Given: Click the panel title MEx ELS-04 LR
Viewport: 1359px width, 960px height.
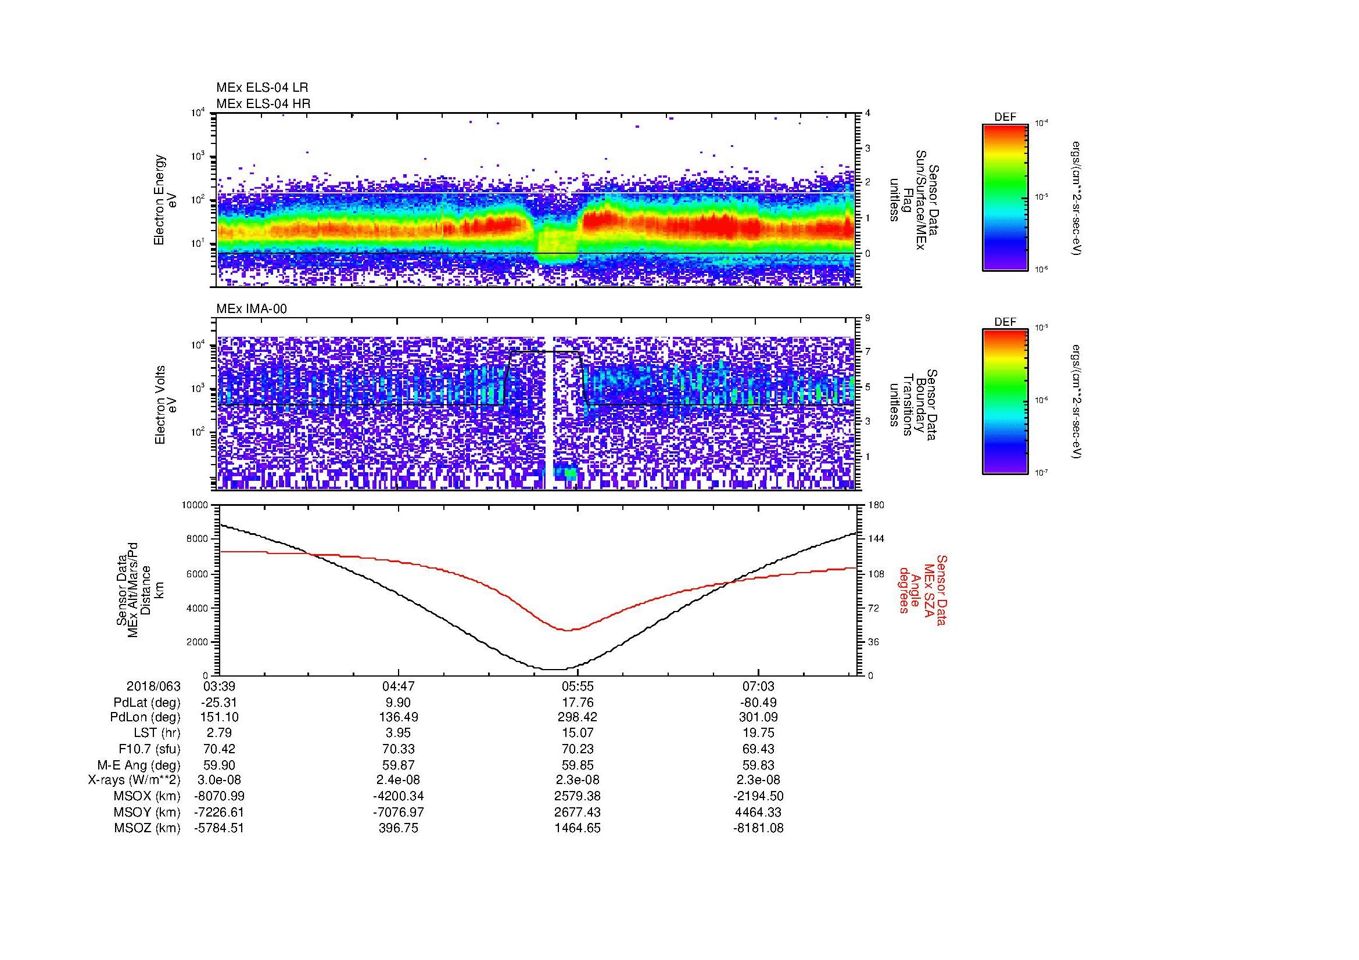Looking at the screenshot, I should [261, 88].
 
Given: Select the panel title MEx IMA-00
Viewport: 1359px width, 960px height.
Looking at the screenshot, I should [251, 309].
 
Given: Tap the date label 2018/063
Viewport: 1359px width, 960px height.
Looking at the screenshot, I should [153, 686].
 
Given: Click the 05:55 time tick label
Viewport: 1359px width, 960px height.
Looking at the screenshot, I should [578, 686].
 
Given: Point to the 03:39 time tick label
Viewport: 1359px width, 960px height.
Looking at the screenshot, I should [219, 686].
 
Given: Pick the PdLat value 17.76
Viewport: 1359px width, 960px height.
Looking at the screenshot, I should [578, 703].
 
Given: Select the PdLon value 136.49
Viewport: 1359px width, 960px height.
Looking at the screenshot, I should [399, 717].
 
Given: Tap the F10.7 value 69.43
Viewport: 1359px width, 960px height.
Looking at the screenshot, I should [758, 749].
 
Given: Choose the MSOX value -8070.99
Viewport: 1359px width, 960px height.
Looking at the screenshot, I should [219, 796].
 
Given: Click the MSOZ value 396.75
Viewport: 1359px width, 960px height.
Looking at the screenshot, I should [399, 828].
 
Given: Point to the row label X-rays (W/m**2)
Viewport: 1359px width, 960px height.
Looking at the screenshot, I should [134, 780].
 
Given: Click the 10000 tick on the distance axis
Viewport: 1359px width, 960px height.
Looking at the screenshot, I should [195, 505].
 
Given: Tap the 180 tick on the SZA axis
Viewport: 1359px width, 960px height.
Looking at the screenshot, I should [876, 505].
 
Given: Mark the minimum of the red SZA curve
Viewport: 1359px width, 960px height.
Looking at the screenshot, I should [566, 631].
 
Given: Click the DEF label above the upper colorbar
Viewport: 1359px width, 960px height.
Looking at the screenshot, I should [1005, 118].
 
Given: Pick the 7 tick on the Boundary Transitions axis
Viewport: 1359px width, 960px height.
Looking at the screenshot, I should [867, 352].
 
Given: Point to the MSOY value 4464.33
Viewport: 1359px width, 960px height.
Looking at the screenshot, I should [758, 812].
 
